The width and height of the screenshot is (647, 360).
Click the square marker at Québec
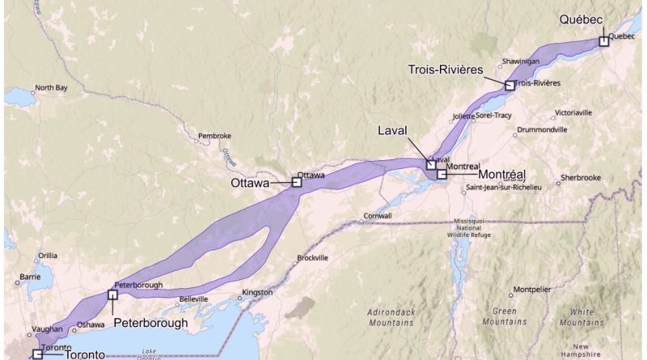(603, 41)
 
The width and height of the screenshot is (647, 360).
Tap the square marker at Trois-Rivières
(510, 85)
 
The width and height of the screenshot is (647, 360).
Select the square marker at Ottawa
(296, 183)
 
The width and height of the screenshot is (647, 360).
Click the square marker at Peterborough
(112, 294)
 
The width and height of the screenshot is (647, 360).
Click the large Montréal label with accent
(502, 175)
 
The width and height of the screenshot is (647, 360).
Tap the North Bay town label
(51, 88)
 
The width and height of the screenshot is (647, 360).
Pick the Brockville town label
(312, 258)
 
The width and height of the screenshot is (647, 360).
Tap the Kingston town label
(257, 292)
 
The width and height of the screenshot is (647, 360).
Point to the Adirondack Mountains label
(391, 316)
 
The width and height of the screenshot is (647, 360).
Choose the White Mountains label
(581, 316)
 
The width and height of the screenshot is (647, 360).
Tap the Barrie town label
(29, 276)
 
